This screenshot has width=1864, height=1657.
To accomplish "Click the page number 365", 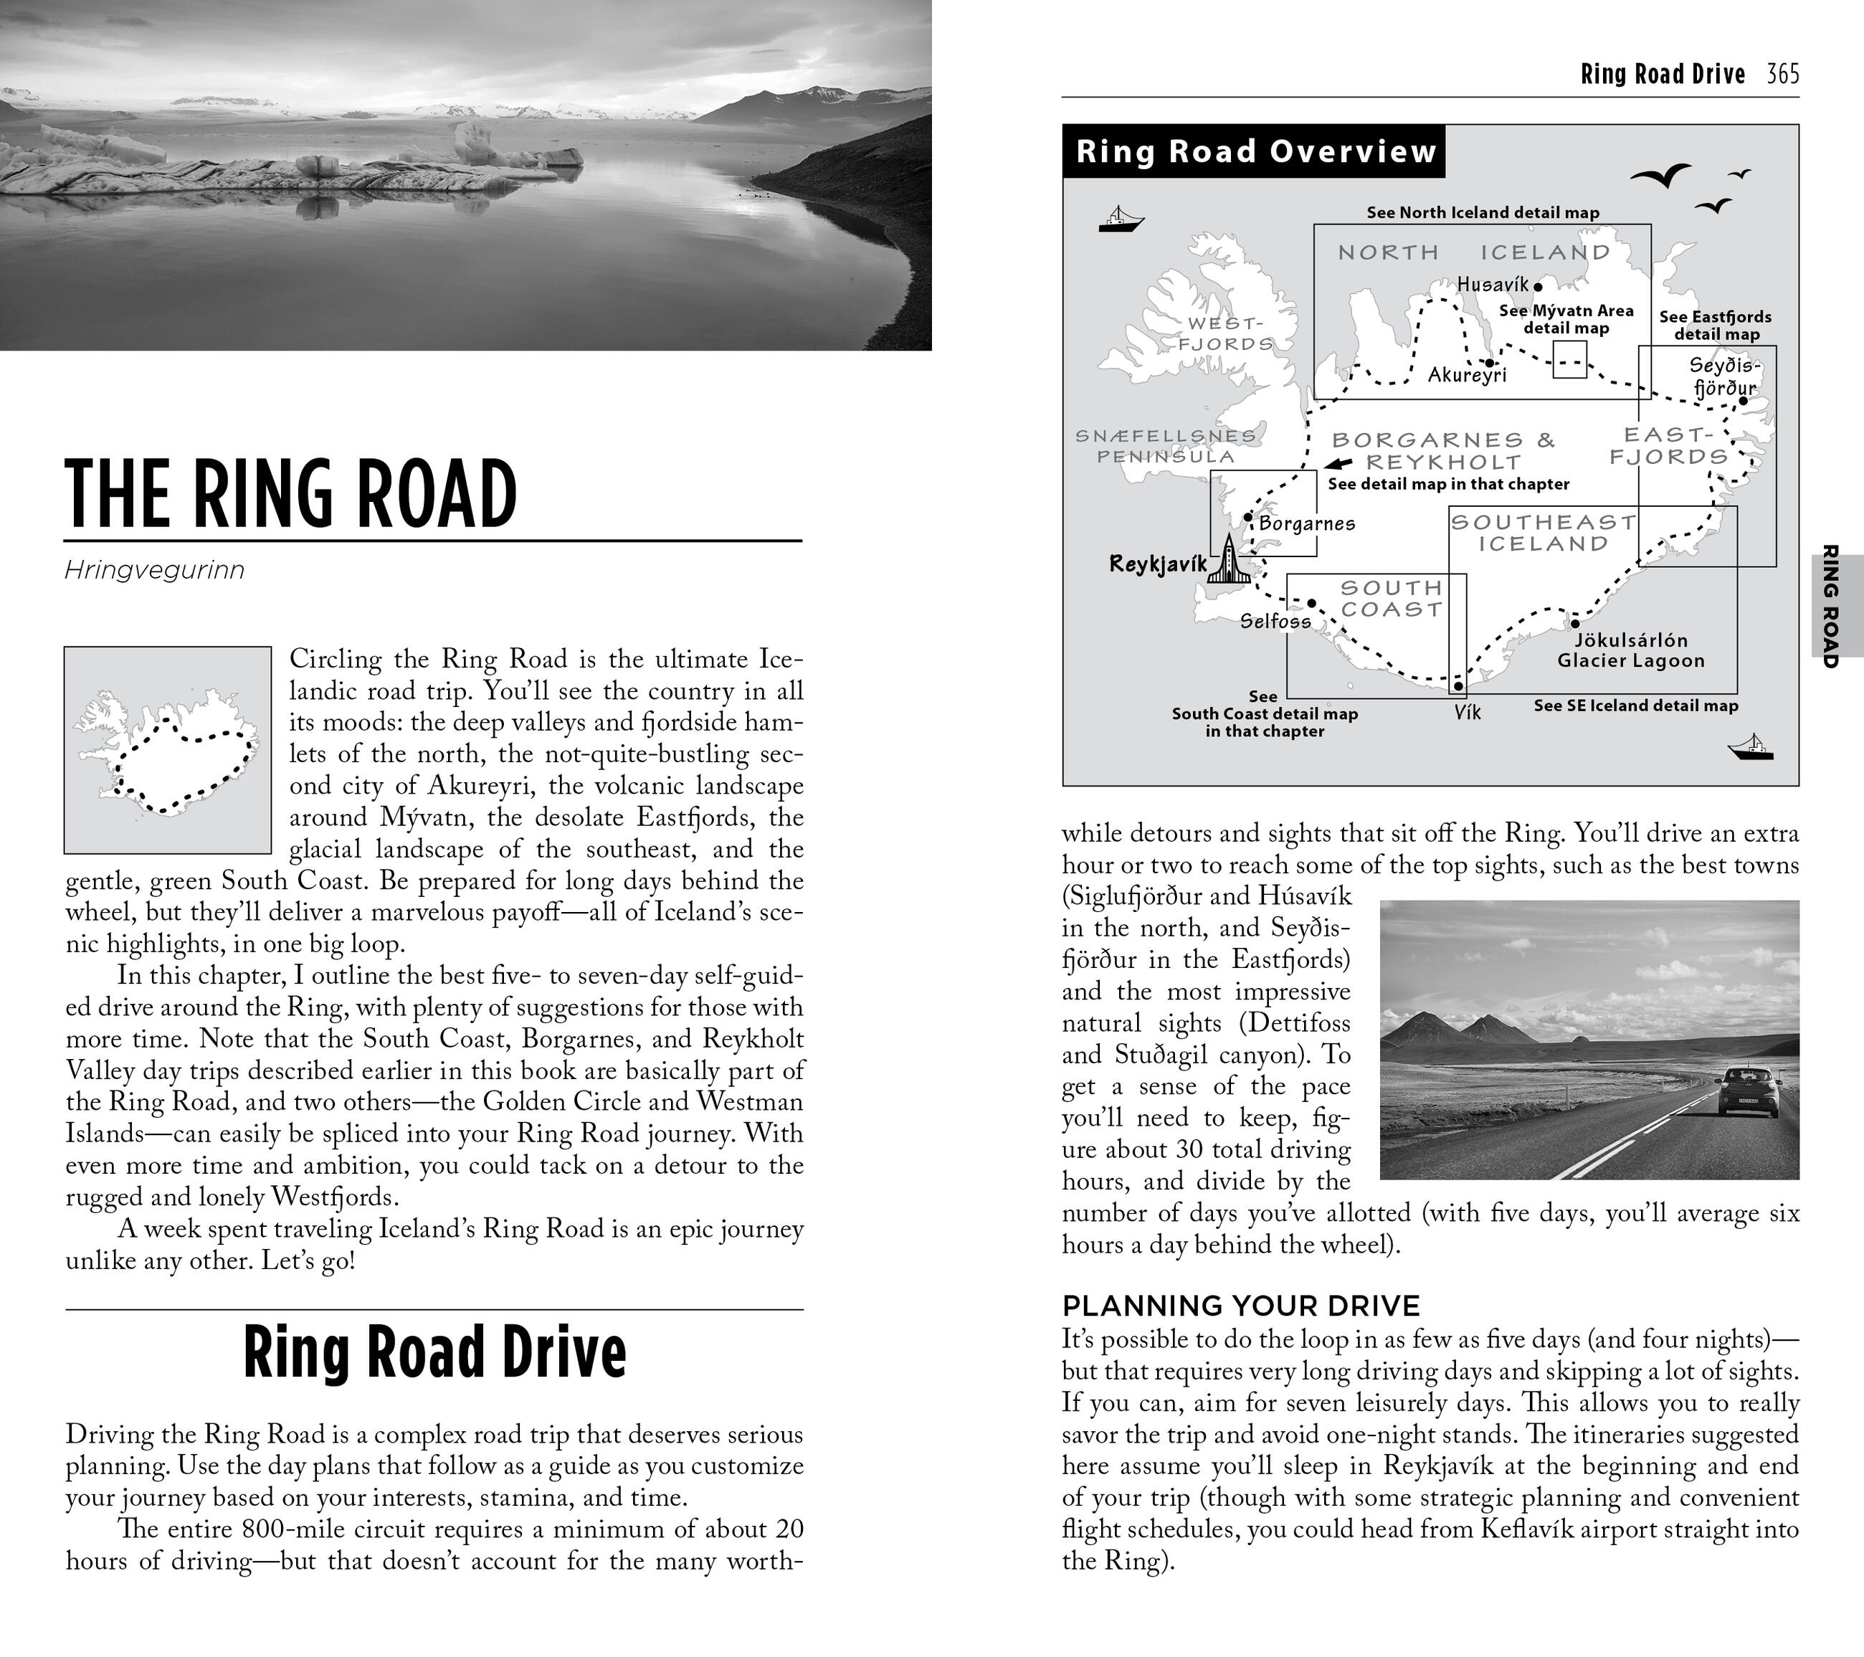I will [x=1783, y=74].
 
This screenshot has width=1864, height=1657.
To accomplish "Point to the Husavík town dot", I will [x=1538, y=286].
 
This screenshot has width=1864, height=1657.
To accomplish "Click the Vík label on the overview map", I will [x=1468, y=712].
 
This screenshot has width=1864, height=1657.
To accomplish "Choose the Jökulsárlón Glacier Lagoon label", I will [x=1630, y=650].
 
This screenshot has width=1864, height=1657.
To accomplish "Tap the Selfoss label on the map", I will [x=1275, y=621].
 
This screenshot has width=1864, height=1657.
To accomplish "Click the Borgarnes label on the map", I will [x=1307, y=523].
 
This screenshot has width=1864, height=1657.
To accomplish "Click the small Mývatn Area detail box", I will [x=1569, y=359].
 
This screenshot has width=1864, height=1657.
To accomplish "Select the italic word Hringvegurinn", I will [x=154, y=571].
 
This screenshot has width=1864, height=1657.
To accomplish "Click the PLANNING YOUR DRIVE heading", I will [x=1241, y=1306].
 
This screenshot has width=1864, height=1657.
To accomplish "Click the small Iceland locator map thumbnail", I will [x=168, y=749].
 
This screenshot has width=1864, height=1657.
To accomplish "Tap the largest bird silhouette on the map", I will [x=1662, y=175].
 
